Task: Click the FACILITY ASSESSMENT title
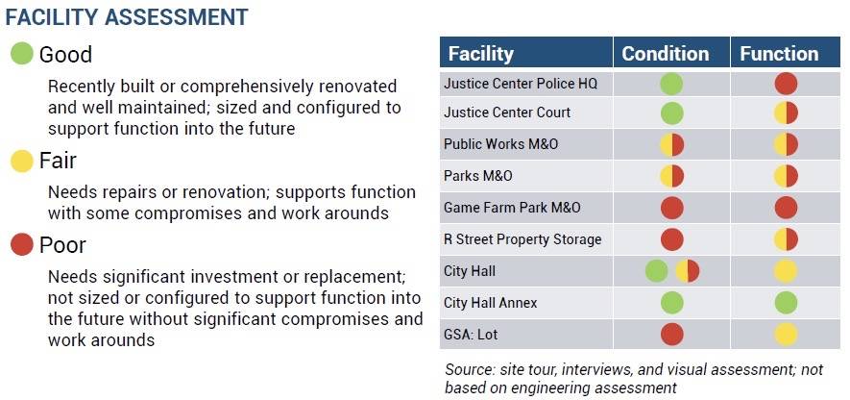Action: [127, 16]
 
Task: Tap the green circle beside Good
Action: [22, 54]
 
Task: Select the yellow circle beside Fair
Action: [22, 161]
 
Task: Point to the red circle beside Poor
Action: [22, 245]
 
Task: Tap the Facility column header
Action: [481, 54]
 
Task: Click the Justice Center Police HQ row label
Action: [521, 84]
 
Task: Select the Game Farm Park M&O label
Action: [512, 208]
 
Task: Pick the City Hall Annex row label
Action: [490, 303]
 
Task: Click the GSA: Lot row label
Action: [471, 335]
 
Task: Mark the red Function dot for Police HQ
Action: [786, 84]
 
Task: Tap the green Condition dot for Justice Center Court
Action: [671, 114]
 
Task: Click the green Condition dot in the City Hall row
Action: [657, 271]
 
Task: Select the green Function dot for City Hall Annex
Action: [786, 303]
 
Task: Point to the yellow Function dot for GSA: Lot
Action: [786, 335]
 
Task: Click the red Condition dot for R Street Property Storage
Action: [671, 239]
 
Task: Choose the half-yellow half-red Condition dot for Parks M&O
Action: [671, 177]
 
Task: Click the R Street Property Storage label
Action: [522, 239]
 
